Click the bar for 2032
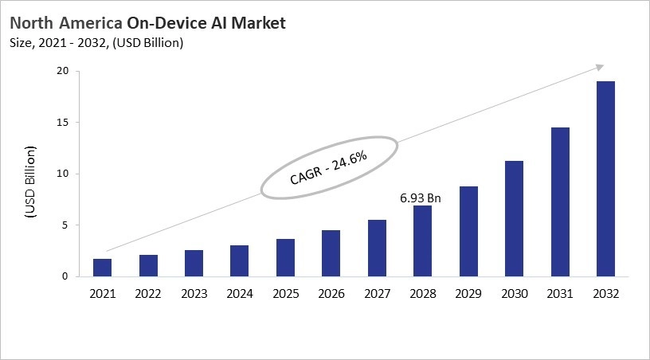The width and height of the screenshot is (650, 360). (x=605, y=178)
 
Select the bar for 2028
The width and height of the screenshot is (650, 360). (x=422, y=241)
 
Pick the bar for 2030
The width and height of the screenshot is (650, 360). (x=514, y=218)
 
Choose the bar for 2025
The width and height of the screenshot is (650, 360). (x=285, y=257)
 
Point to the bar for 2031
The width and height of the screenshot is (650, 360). (x=559, y=202)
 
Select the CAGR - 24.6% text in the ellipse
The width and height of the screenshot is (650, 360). (x=329, y=167)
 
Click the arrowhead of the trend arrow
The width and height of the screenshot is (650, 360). (x=599, y=68)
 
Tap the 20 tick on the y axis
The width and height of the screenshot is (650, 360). (x=62, y=72)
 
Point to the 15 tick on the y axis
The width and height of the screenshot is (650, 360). (x=62, y=123)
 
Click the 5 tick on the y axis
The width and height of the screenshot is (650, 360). (x=65, y=225)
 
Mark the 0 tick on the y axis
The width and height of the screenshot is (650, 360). (x=65, y=276)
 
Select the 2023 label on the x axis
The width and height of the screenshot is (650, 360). (x=194, y=294)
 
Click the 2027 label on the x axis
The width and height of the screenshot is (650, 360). (x=377, y=294)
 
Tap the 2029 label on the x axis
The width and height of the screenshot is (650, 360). (x=468, y=294)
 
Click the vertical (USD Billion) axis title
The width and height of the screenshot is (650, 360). (x=30, y=182)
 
